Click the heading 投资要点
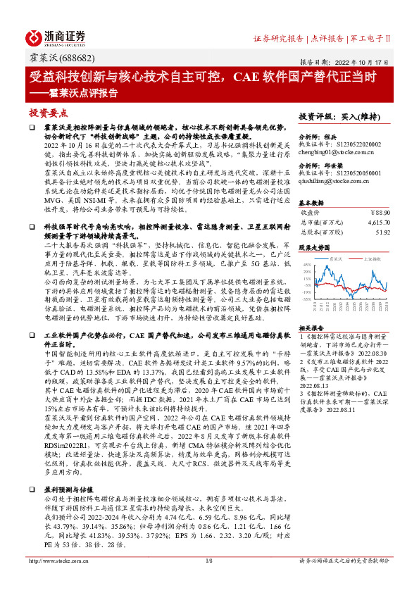click(48, 113)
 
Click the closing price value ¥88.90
click(379, 211)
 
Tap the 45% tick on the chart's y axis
click(306, 265)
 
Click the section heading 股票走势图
click(314, 247)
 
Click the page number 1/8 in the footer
click(209, 581)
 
